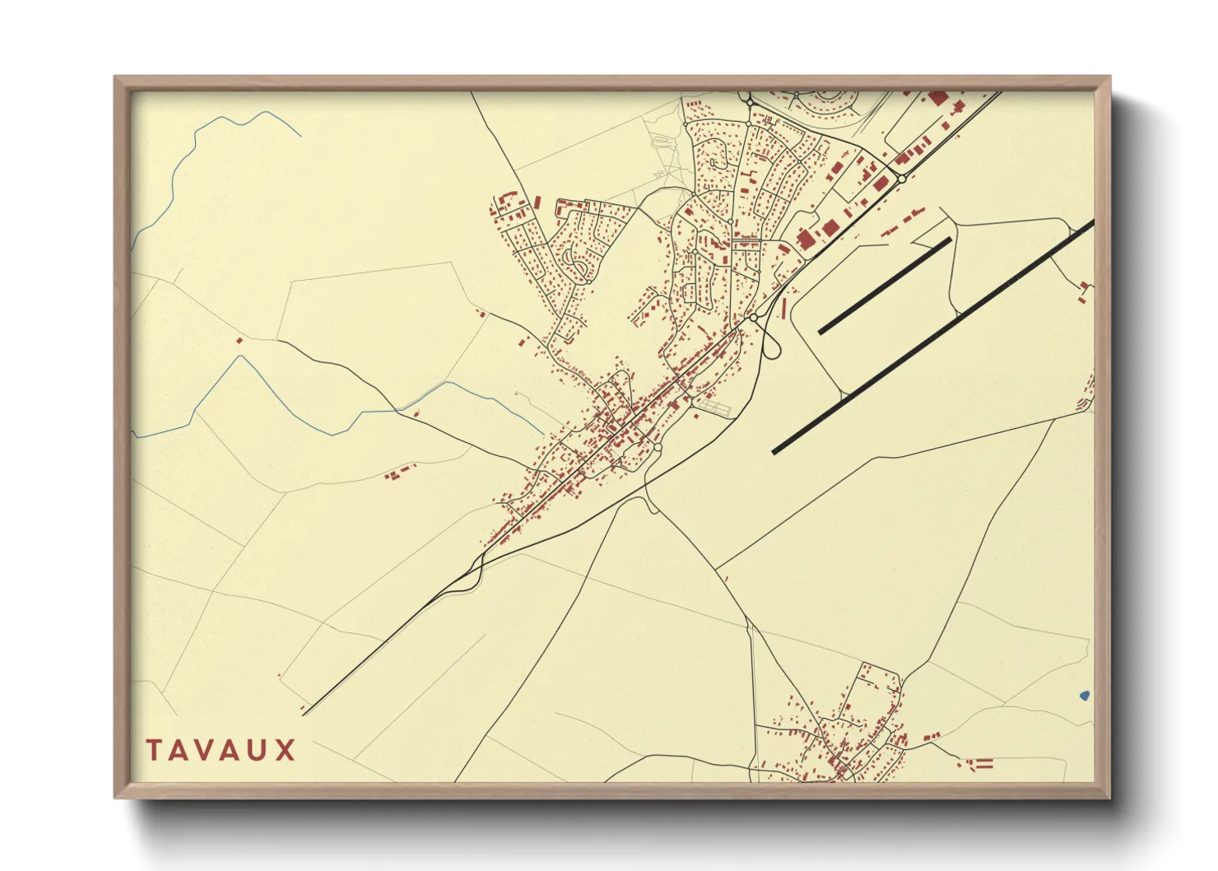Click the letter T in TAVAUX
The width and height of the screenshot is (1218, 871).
click(x=154, y=751)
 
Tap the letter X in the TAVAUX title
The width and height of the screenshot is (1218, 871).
click(x=285, y=751)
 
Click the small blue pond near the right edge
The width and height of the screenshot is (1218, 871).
click(x=1084, y=696)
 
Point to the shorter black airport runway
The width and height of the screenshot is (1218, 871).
click(x=885, y=286)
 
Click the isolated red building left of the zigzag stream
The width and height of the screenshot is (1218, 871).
click(x=239, y=341)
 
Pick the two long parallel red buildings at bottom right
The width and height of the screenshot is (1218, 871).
click(x=984, y=763)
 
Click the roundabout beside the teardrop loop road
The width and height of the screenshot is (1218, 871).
click(x=753, y=318)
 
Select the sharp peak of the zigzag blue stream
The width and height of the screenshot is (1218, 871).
click(x=240, y=356)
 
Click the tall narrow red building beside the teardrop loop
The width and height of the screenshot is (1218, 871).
click(x=783, y=308)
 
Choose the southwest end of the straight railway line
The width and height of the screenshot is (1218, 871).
click(x=304, y=714)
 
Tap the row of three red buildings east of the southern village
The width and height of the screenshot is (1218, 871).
click(x=931, y=737)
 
